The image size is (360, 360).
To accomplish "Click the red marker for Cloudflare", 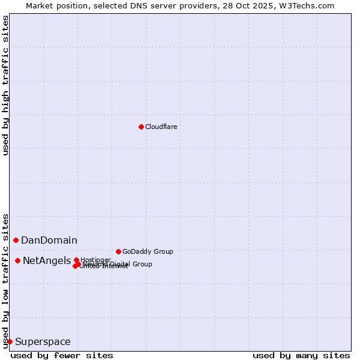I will click(x=141, y=127).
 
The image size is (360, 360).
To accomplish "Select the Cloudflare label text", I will click(x=161, y=127).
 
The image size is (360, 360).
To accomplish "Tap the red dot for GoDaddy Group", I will click(x=118, y=251).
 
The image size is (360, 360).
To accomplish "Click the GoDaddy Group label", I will click(x=148, y=251).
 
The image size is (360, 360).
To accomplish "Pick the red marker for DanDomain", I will click(x=16, y=240).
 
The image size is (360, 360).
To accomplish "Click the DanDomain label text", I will click(x=49, y=241).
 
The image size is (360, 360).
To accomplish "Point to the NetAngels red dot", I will click(x=17, y=260).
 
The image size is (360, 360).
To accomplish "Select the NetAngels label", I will click(x=47, y=261).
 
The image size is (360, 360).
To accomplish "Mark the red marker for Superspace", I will click(x=10, y=341).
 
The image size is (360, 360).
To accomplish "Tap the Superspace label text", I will click(x=43, y=342).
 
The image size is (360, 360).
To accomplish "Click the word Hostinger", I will click(x=96, y=260).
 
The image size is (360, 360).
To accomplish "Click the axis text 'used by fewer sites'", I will click(x=62, y=355).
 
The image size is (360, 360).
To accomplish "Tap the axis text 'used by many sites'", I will click(x=301, y=355).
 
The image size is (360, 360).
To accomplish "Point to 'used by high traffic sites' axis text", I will click(x=6, y=85).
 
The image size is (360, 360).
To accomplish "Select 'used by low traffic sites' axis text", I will click(x=6, y=280).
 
